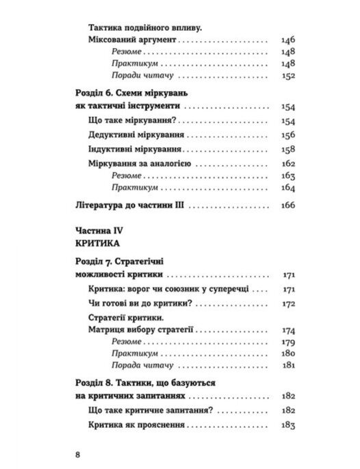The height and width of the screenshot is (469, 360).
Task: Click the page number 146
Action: click(x=287, y=41)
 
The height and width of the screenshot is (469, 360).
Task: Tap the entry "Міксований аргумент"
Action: click(x=132, y=41)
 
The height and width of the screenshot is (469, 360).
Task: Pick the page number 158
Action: click(x=287, y=149)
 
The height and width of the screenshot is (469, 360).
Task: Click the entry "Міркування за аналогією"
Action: click(x=139, y=164)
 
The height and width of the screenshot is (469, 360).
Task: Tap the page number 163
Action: click(x=287, y=176)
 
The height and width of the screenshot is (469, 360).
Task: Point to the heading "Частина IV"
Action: click(x=96, y=230)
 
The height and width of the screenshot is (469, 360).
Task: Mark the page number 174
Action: click(x=287, y=330)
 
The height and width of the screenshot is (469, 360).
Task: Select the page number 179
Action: click(x=287, y=342)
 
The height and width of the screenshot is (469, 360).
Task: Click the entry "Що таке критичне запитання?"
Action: click(x=144, y=410)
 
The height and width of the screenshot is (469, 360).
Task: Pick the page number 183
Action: click(x=287, y=426)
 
